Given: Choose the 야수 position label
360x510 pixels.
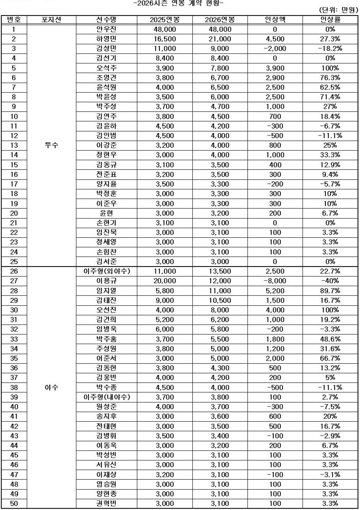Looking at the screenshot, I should pyautogui.click(x=51, y=387).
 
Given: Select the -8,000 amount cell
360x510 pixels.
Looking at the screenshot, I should pyautogui.click(x=274, y=281).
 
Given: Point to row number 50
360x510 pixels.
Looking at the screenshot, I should pyautogui.click(x=14, y=503).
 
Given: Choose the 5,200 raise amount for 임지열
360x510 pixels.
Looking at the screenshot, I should pyautogui.click(x=274, y=291).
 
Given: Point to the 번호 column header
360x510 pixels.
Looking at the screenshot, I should pyautogui.click(x=14, y=20).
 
